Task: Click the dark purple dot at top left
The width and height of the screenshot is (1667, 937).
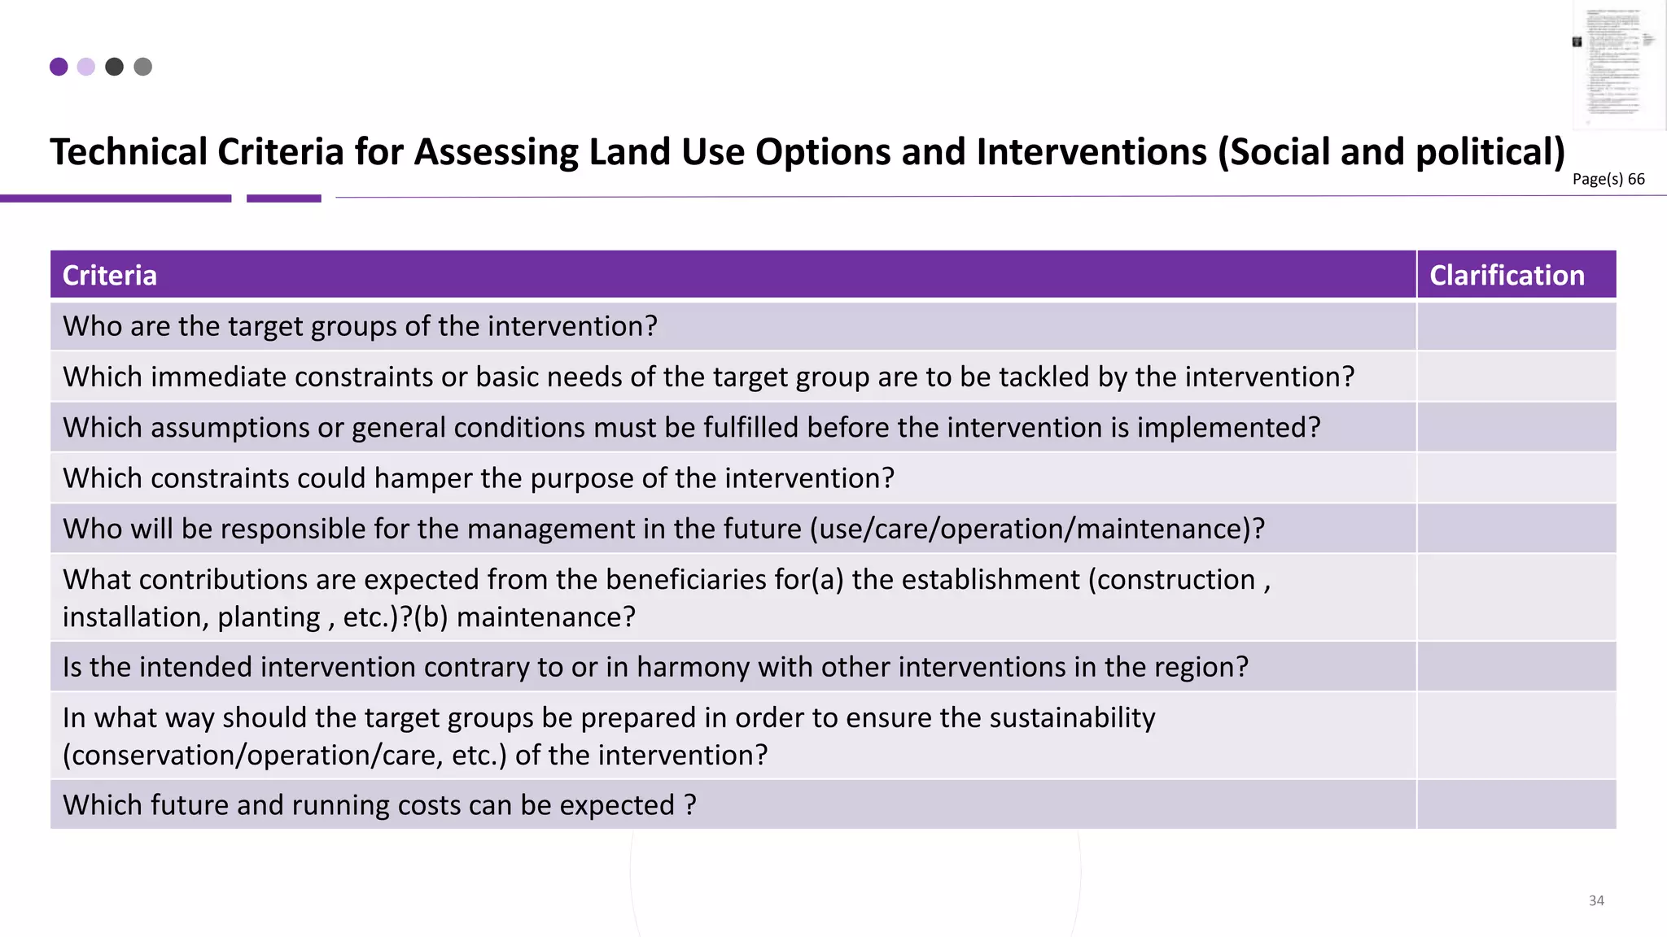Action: coord(59,67)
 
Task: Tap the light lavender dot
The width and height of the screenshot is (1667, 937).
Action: coord(86,67)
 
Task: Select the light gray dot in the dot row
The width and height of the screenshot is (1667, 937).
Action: coord(142,67)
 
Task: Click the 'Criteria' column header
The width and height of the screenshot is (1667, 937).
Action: coord(110,276)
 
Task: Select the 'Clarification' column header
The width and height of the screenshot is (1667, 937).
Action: coord(1507,276)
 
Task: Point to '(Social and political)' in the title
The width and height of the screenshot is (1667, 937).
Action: coord(1391,152)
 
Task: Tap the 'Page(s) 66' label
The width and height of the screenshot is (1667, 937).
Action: coord(1608,179)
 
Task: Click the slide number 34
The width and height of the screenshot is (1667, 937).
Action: coord(1596,900)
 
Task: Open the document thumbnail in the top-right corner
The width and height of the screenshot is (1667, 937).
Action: coord(1619,65)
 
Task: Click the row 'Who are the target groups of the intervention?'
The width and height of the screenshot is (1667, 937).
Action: coord(360,326)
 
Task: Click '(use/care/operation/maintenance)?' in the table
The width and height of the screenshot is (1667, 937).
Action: coord(1037,529)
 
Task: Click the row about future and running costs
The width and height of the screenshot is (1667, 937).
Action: coord(379,805)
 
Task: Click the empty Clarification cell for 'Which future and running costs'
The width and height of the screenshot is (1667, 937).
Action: coord(1516,805)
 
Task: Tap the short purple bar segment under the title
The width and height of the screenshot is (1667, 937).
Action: coord(283,198)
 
